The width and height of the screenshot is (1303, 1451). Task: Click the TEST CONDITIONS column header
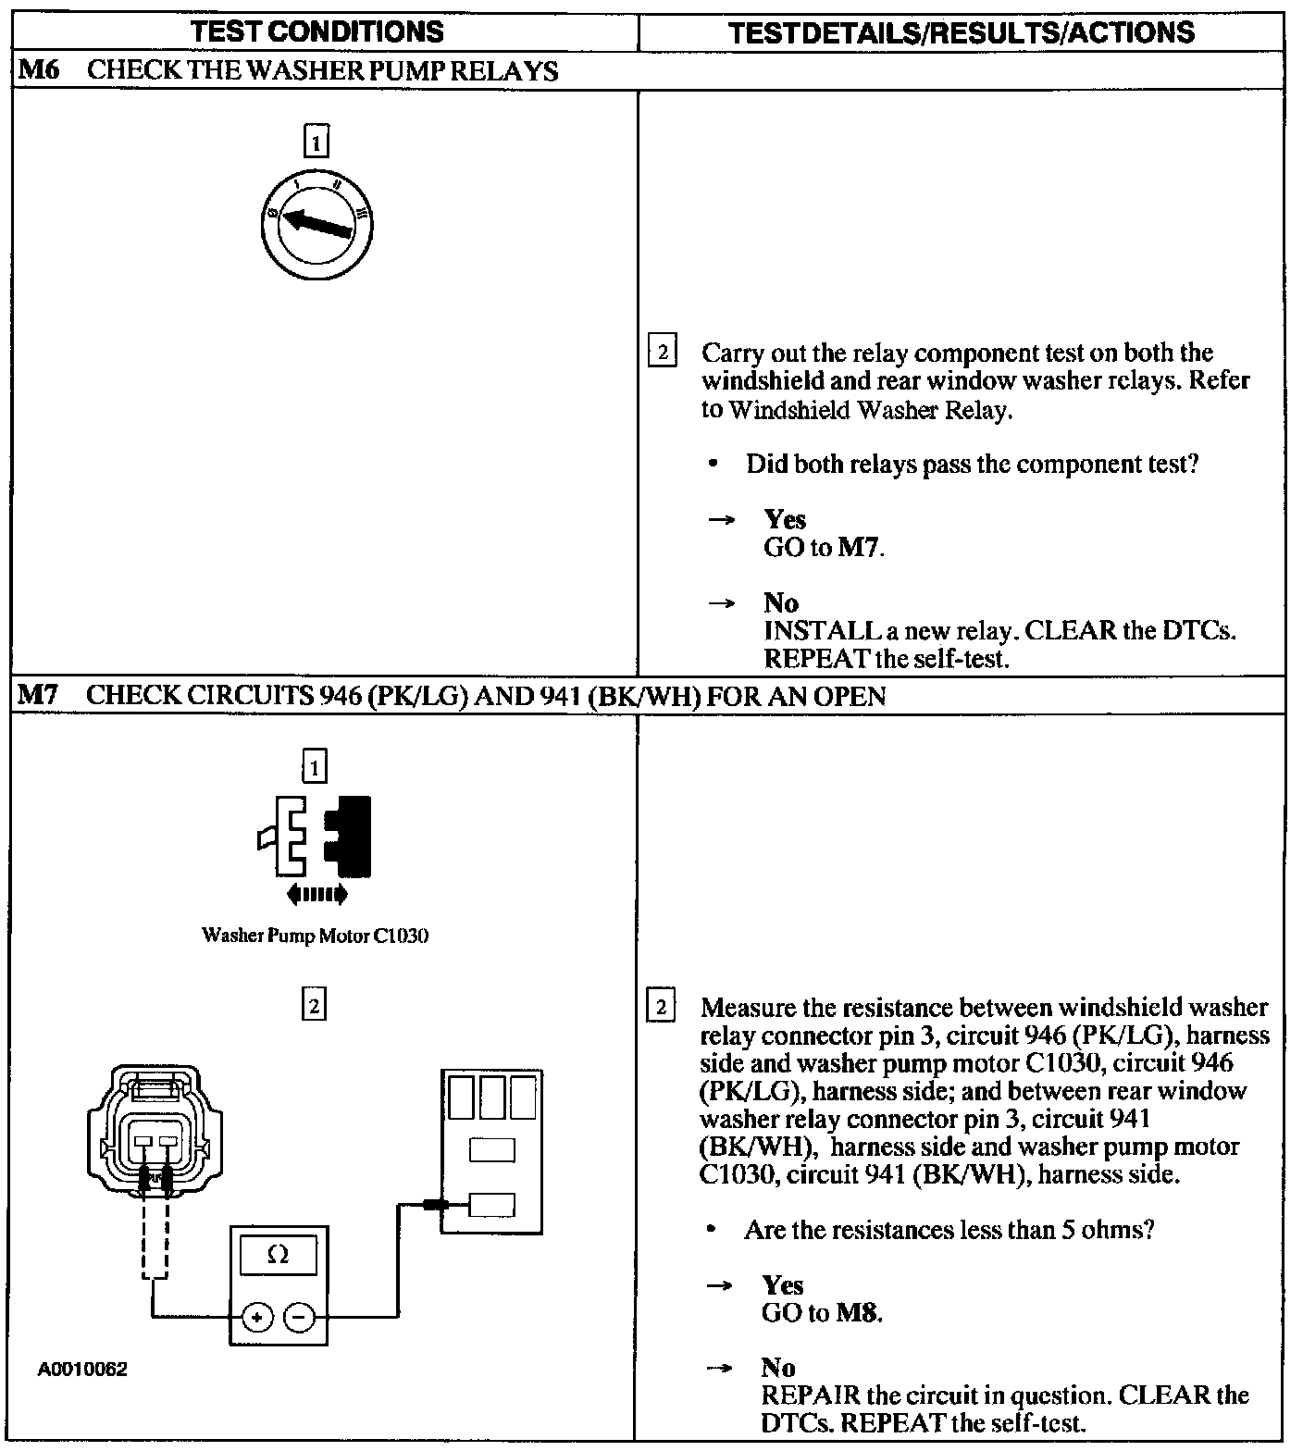[317, 31]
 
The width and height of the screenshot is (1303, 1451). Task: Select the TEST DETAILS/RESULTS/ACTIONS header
[961, 32]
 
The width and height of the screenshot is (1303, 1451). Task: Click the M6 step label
[38, 70]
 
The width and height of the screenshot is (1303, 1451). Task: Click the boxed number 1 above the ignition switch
[316, 143]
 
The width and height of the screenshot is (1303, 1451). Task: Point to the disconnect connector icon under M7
[316, 836]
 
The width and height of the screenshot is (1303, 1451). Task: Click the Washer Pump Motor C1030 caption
[315, 936]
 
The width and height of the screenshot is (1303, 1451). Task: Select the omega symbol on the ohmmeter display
[277, 1255]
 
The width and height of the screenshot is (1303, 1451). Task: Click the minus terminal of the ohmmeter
[298, 1315]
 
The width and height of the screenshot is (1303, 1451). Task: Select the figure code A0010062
[82, 1369]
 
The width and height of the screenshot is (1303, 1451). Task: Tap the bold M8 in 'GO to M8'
[857, 1312]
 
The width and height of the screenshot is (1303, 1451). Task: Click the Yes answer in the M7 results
[783, 1284]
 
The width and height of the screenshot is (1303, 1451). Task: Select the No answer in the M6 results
[781, 603]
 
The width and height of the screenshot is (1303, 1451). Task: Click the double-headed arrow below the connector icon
[316, 894]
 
